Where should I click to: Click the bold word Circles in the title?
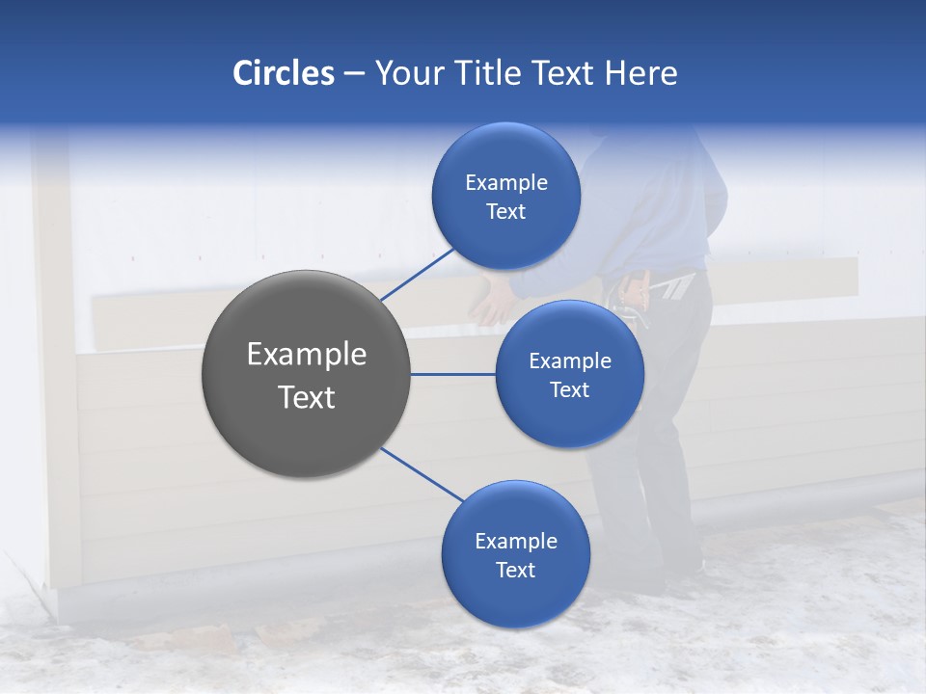tap(283, 73)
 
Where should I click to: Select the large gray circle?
tap(306, 374)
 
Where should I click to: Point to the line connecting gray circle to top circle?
tap(417, 275)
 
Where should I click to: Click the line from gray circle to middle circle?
tap(452, 374)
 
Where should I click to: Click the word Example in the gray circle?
tap(306, 354)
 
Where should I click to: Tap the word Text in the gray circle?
tap(306, 397)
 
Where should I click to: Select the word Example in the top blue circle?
tap(505, 182)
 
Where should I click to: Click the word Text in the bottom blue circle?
tap(515, 570)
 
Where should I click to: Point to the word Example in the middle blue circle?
tap(569, 360)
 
